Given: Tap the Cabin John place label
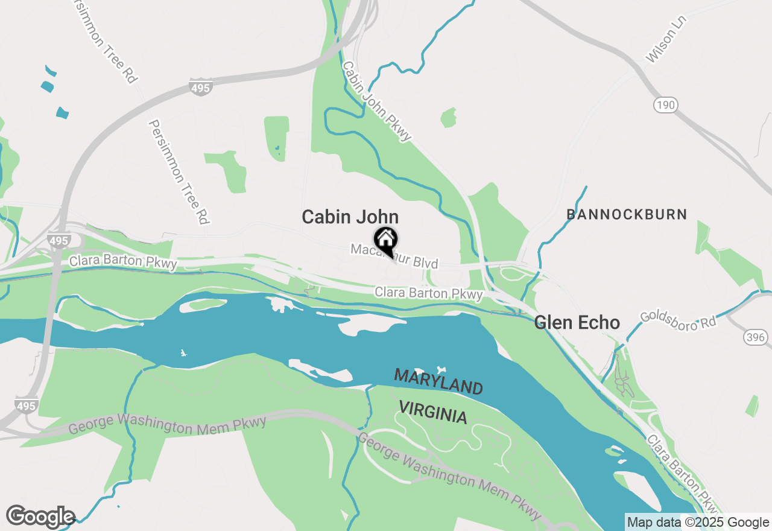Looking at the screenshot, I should [350, 217].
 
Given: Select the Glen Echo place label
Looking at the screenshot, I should [577, 323].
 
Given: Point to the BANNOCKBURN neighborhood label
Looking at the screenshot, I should [627, 214].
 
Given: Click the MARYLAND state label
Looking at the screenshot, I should [438, 381].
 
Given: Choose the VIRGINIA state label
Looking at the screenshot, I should [433, 413].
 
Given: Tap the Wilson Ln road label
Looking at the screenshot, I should [666, 39].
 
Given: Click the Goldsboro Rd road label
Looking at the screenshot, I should [678, 320].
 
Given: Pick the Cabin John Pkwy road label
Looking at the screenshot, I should [377, 101].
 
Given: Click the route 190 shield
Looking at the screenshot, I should [665, 105].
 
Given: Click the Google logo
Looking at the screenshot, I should [40, 517].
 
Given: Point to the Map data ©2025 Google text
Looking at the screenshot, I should [698, 522].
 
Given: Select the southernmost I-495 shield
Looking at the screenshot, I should [26, 405].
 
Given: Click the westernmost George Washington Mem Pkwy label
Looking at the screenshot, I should [167, 424].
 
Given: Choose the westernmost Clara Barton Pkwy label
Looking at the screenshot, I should [123, 262].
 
